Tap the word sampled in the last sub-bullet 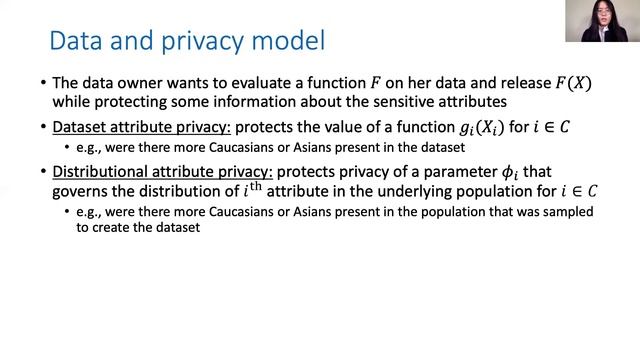pos(565,212)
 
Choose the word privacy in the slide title pos(196,43)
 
